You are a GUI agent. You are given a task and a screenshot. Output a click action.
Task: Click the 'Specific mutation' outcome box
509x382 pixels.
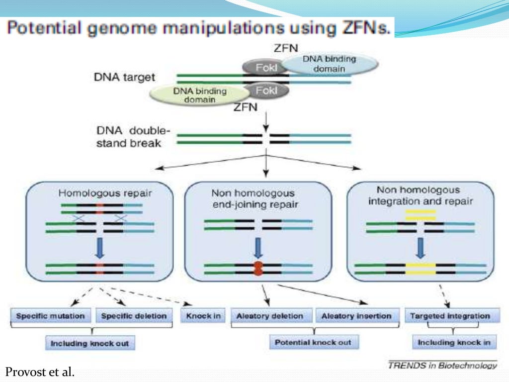[x=51, y=316]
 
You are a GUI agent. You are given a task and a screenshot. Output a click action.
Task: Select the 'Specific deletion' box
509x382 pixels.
[x=134, y=316]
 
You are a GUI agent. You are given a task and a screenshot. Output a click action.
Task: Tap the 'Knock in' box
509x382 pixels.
[x=203, y=316]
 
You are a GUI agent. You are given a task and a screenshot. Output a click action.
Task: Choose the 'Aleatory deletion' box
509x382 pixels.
[x=270, y=316]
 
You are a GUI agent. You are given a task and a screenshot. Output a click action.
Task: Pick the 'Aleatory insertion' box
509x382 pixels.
[x=356, y=316]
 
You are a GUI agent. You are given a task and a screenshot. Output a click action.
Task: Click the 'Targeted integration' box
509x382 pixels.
[x=450, y=316]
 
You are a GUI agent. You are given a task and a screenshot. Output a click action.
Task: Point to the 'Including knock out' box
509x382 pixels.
[x=89, y=343]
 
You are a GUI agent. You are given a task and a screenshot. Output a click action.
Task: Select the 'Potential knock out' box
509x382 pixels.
[x=313, y=343]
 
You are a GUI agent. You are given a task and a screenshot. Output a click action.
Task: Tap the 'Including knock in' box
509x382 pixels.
[x=454, y=343]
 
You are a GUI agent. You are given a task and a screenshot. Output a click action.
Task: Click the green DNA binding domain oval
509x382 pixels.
[x=199, y=95]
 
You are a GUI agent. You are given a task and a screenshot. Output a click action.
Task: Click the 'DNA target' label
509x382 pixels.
[x=124, y=77]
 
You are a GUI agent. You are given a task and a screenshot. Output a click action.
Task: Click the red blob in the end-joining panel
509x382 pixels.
[x=257, y=269]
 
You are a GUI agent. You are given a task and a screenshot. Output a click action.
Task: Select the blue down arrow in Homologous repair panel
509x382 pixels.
[x=100, y=247]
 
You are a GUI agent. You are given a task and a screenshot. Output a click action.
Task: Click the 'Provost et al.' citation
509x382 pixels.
[x=40, y=372]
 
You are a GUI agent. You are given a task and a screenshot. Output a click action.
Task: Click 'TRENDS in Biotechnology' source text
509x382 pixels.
[x=442, y=366]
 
